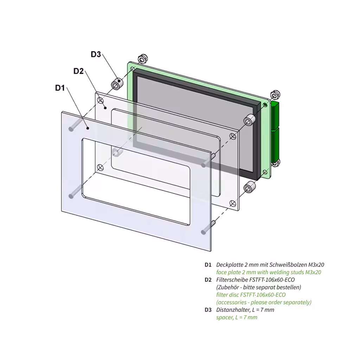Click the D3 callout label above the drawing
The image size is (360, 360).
pos(96,54)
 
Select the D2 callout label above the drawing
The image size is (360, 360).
pos(78,71)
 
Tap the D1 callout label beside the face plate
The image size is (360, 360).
pos(60,88)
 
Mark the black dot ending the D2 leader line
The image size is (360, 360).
pos(105,107)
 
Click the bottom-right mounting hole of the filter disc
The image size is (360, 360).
pos(232,202)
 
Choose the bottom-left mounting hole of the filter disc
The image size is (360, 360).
pos(100,167)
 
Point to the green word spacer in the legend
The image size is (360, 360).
pos(224,317)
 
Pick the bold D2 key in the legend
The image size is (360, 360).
pos(208,280)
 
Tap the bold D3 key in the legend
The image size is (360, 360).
pos(208,310)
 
